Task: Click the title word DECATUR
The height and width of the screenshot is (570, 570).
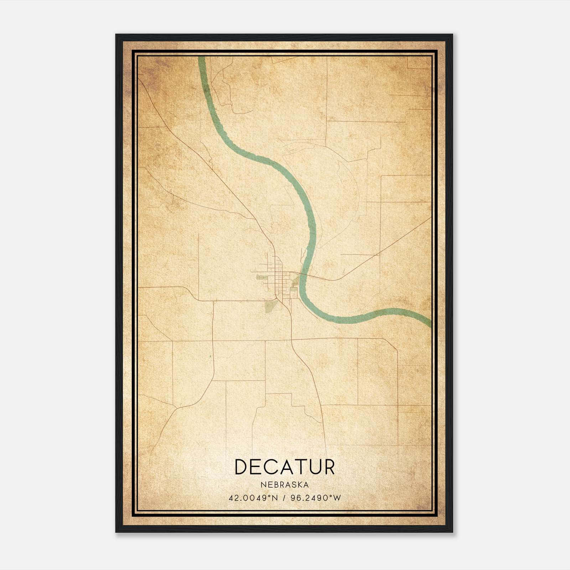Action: pyautogui.click(x=285, y=467)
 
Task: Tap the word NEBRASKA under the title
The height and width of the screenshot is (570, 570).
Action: pyautogui.click(x=285, y=484)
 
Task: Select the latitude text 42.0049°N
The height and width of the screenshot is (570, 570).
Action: pyautogui.click(x=253, y=498)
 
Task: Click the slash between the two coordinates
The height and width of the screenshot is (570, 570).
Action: pyautogui.click(x=284, y=498)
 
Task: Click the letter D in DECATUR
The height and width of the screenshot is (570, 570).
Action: pyautogui.click(x=242, y=467)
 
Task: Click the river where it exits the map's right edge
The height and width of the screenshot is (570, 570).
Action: pyautogui.click(x=429, y=322)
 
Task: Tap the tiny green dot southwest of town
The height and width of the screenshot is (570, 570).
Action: pyautogui.click(x=210, y=356)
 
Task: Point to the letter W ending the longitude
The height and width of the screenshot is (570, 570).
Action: pyautogui.click(x=338, y=498)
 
